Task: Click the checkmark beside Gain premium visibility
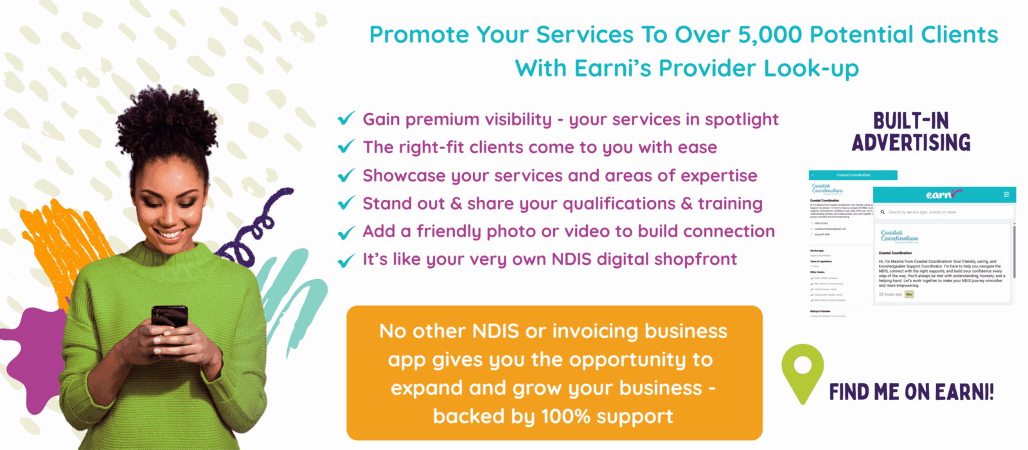point(346,119)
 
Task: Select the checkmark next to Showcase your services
point(346,175)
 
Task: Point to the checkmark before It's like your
point(346,260)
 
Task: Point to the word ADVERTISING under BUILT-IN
point(911,143)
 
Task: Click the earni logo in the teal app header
point(943,194)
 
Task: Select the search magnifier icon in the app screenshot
point(883,212)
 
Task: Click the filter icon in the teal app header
point(1006,194)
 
